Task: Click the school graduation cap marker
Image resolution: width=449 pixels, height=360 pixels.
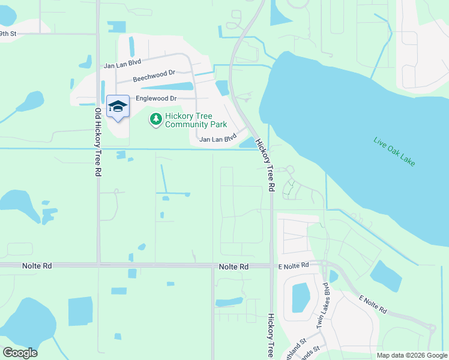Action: (x=118, y=107)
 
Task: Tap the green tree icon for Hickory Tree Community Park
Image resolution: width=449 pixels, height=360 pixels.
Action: (x=156, y=119)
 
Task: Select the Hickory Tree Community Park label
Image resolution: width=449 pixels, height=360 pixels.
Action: (x=196, y=120)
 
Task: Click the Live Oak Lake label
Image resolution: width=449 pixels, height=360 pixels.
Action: (x=394, y=152)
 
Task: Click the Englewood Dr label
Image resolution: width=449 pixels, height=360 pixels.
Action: (x=157, y=98)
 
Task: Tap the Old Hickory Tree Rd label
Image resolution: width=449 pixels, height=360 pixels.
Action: (x=97, y=142)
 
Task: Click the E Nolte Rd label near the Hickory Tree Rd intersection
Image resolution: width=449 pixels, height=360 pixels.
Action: (x=293, y=265)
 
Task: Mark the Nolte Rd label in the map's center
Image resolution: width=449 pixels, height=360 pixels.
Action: (x=234, y=266)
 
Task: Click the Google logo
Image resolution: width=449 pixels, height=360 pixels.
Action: (x=20, y=353)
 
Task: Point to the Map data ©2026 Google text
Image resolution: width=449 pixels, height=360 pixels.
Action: (x=412, y=355)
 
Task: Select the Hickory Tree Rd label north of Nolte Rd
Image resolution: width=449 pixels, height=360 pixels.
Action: (x=265, y=166)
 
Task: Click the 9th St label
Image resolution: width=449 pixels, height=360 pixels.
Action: (x=8, y=34)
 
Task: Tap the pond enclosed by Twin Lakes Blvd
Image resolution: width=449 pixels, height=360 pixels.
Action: (x=300, y=296)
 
